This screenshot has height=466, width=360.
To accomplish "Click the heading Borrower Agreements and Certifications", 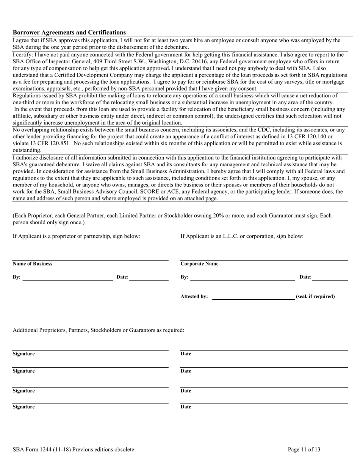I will (69, 33).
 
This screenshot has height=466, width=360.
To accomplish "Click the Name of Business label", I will (33, 264).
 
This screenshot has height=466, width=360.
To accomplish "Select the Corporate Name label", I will (199, 264).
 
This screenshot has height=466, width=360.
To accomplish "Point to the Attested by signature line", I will (254, 299).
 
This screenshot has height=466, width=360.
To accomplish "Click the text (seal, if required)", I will (315, 297).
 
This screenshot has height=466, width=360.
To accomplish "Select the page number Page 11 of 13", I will (304, 450).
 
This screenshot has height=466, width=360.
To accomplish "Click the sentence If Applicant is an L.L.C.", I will (242, 236).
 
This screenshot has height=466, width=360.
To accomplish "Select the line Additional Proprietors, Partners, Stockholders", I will (99, 330).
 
